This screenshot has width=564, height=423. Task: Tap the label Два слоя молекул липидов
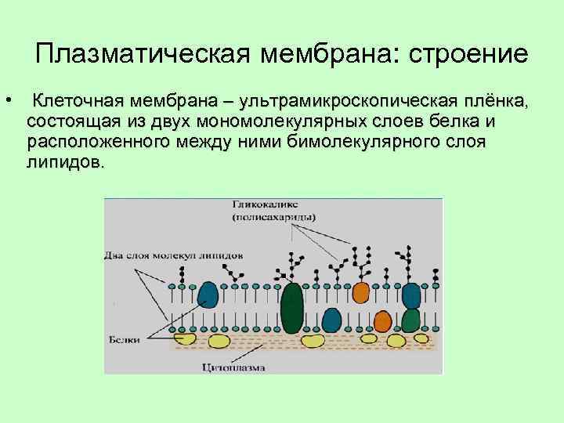coord(174,255)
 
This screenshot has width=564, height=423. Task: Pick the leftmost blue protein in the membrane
coord(208,296)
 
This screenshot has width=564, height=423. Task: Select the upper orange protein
coord(360,292)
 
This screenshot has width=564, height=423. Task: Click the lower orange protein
coord(382,320)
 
